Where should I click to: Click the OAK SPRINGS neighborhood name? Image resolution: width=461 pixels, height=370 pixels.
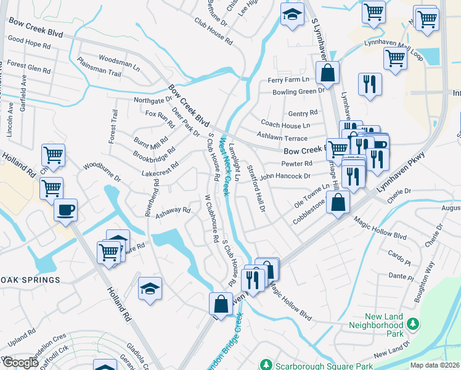tap(30, 280)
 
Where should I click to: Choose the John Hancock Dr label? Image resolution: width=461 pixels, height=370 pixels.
tap(285, 176)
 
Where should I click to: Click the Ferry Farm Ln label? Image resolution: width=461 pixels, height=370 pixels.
tap(288, 80)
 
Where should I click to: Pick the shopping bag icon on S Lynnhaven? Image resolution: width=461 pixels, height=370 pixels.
tap(328, 72)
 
